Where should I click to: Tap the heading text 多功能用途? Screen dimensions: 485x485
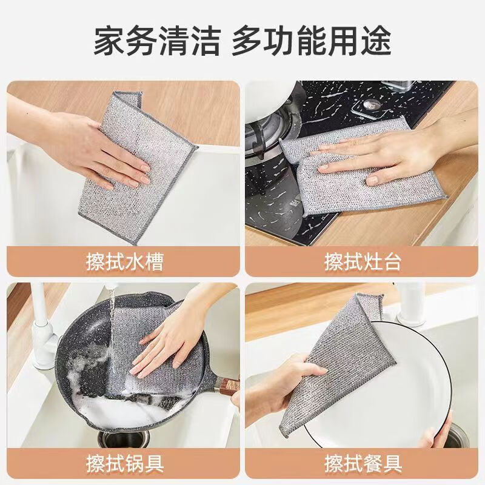pyautogui.click(x=312, y=40)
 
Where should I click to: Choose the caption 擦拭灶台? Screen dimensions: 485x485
pyautogui.click(x=363, y=261)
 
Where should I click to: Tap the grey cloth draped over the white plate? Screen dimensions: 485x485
pyautogui.click(x=339, y=364)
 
